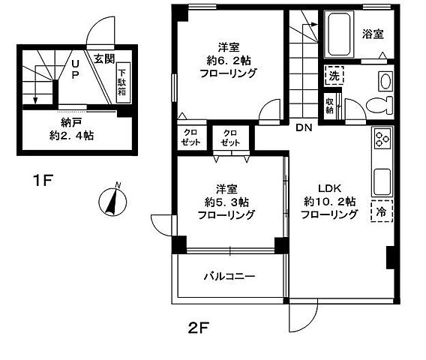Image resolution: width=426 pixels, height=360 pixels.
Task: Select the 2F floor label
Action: click(x=198, y=327)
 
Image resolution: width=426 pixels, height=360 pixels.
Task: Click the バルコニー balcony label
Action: click(x=230, y=276)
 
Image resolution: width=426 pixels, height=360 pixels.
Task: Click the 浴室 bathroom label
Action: click(x=373, y=34)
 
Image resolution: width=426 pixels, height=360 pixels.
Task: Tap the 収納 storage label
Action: click(x=330, y=105)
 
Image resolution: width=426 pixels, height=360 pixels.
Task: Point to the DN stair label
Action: click(x=303, y=127)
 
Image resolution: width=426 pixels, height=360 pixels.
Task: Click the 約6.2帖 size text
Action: click(x=228, y=59)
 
